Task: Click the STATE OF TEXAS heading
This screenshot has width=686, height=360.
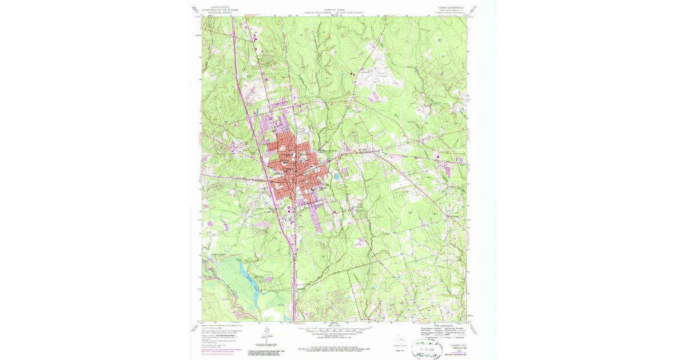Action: click(x=335, y=10)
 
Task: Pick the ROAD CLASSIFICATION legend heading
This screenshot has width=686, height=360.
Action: click(x=431, y=325)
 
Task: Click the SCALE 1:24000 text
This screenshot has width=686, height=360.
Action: click(x=335, y=326)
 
